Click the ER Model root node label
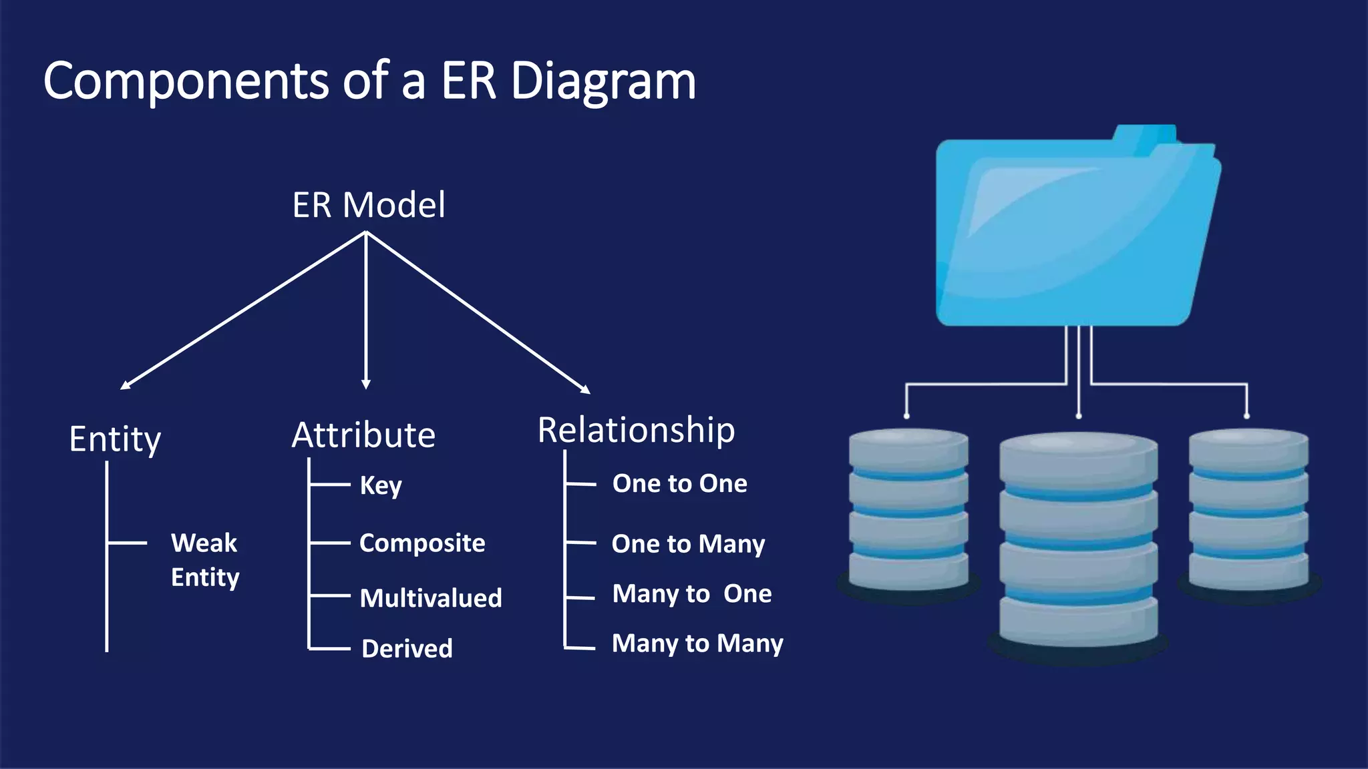(x=369, y=205)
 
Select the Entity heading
(x=115, y=439)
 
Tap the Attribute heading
(x=363, y=435)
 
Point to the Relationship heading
(x=636, y=430)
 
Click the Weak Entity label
(x=204, y=559)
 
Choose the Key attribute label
(x=381, y=485)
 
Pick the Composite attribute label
(x=422, y=543)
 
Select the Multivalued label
(x=431, y=598)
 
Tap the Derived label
(x=407, y=648)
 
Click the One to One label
(x=679, y=483)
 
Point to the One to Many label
(x=688, y=544)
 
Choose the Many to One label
(x=692, y=593)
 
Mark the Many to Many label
(x=697, y=644)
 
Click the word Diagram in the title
(x=603, y=81)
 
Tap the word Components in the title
(x=186, y=81)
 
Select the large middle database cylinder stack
(x=1078, y=541)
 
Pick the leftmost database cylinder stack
(x=908, y=511)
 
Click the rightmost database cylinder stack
(x=1248, y=511)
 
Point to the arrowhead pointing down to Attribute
(x=366, y=384)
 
